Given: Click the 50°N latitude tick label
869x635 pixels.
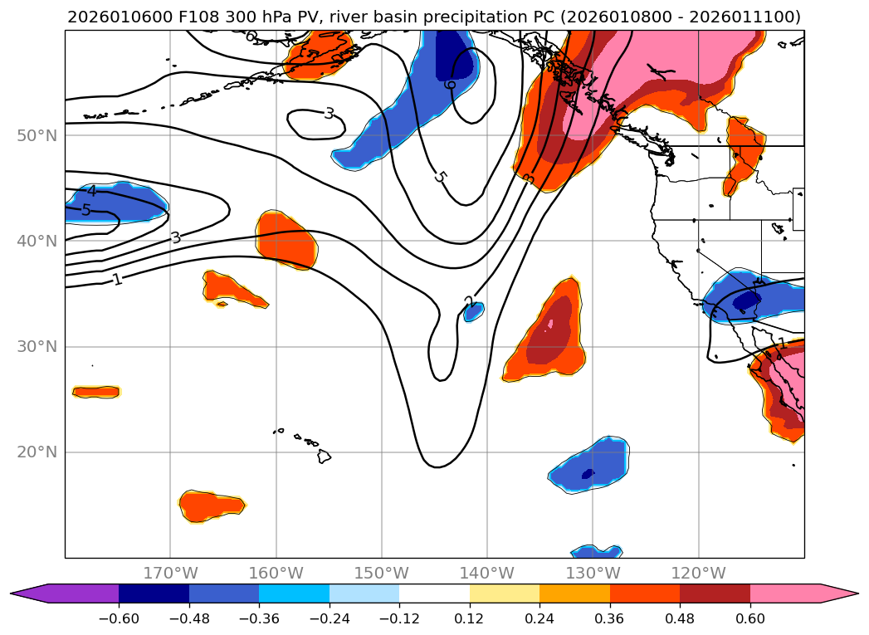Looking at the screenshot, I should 37,135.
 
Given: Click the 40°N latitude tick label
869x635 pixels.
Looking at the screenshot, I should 37,242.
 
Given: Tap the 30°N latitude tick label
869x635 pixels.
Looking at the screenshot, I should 37,347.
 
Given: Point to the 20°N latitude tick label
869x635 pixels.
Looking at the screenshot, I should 37,452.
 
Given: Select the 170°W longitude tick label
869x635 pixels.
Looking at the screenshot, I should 170,573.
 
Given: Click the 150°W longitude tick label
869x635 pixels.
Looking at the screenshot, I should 382,573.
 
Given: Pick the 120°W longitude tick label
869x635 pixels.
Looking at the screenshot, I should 698,573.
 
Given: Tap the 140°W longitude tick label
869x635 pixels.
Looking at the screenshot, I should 487,573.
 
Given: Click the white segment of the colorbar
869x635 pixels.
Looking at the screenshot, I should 434,593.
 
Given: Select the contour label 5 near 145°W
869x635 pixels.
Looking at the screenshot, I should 440,177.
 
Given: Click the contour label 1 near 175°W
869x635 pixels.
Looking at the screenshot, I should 117,280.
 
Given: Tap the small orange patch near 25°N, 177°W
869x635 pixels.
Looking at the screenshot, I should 95,391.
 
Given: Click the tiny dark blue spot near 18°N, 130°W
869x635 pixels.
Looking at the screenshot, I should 588,474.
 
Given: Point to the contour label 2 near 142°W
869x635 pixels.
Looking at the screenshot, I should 469,301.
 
